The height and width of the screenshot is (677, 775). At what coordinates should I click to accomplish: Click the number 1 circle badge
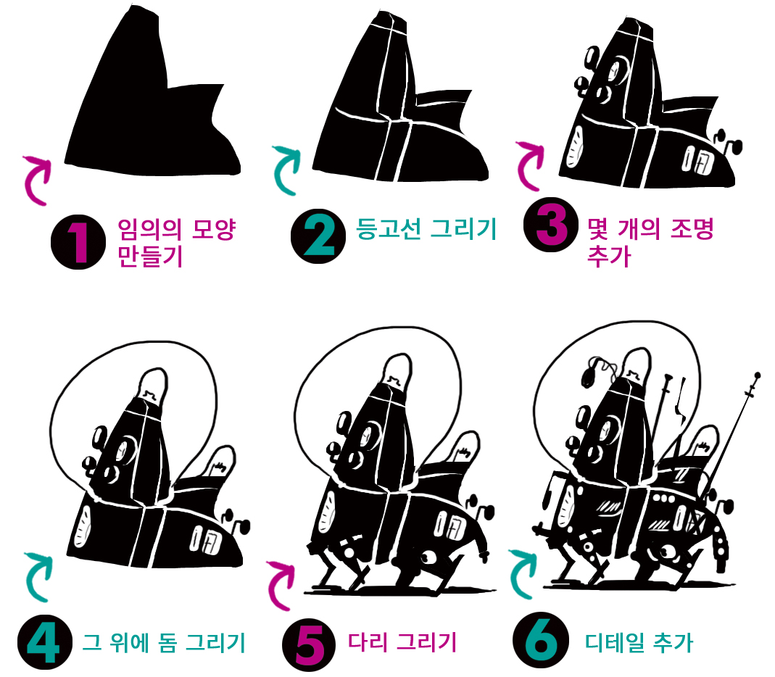click(x=78, y=242)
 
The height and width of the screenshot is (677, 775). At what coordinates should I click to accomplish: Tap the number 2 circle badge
click(x=318, y=236)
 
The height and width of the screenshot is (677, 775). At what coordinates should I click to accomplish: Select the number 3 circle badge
click(x=551, y=225)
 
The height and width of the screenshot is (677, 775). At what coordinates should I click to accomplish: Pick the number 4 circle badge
click(x=44, y=642)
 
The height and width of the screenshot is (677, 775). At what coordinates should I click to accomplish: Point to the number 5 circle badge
click(x=310, y=645)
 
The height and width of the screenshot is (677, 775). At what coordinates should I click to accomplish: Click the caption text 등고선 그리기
click(x=426, y=228)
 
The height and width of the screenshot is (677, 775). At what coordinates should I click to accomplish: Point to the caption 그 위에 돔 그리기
click(x=164, y=642)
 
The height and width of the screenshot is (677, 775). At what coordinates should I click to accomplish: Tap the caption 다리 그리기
click(x=402, y=642)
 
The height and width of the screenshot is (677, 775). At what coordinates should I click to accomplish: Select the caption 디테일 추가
click(x=639, y=642)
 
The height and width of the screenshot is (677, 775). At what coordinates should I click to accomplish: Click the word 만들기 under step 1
click(x=150, y=256)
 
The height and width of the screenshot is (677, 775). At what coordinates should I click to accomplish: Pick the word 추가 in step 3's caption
click(x=609, y=255)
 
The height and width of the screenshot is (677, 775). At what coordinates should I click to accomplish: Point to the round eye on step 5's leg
click(x=427, y=558)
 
